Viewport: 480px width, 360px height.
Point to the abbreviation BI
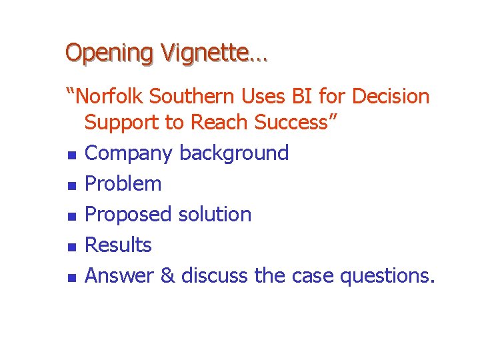(x=301, y=97)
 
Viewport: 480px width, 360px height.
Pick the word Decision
(x=391, y=97)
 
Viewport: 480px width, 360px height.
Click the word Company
(x=130, y=153)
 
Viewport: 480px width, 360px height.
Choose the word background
(x=234, y=153)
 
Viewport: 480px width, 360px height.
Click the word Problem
(x=124, y=183)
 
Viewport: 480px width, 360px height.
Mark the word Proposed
(x=129, y=214)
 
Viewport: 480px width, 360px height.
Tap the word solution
(x=215, y=214)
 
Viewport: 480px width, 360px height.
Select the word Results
(x=119, y=245)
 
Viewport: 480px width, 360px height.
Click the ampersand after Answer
(x=167, y=275)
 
